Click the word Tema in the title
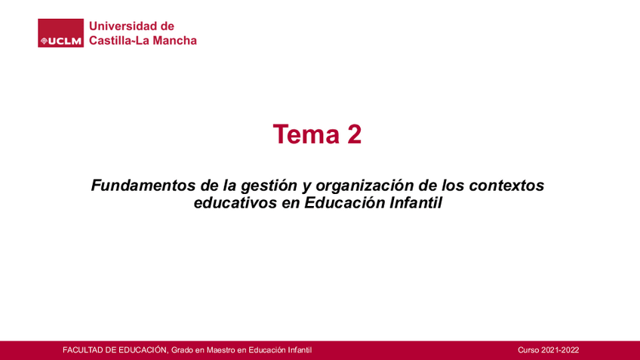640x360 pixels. point(306,134)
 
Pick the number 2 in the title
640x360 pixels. point(355,134)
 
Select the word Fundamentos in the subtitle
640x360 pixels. point(143,186)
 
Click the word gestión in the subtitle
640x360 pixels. point(269,186)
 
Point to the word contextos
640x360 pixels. point(506,186)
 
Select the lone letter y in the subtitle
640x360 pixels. point(306,187)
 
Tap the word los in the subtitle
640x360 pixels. point(453,186)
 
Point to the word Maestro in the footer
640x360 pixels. point(221,349)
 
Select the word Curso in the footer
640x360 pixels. point(528,349)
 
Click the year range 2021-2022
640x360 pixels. point(560,349)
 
